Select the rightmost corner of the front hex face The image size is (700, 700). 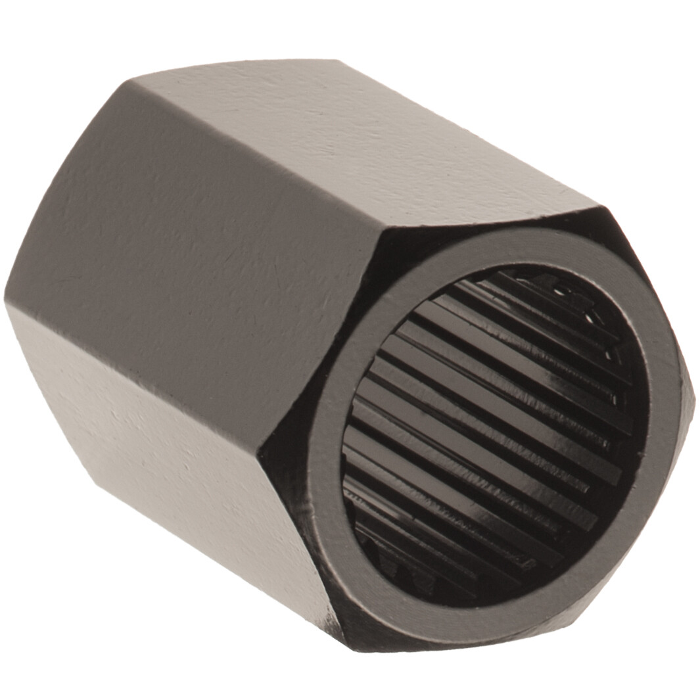tap(693, 394)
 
